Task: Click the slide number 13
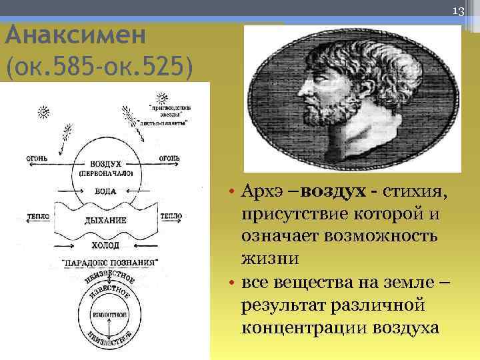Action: (458, 11)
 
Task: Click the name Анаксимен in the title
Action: (75, 34)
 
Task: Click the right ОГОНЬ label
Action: (167, 158)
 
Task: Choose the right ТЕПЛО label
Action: (172, 217)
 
